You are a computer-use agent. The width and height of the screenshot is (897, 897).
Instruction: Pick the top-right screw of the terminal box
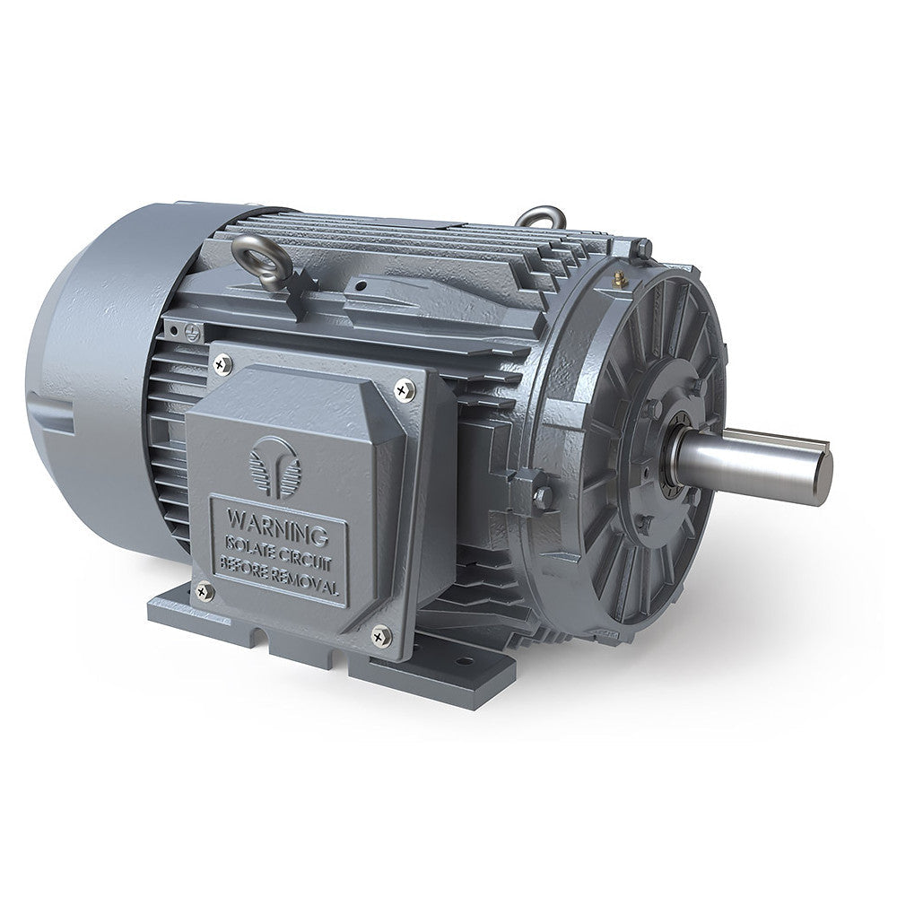point(405,389)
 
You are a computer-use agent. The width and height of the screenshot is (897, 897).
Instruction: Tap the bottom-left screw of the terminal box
point(203,590)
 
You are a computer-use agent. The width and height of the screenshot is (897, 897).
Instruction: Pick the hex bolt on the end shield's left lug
point(540,495)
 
